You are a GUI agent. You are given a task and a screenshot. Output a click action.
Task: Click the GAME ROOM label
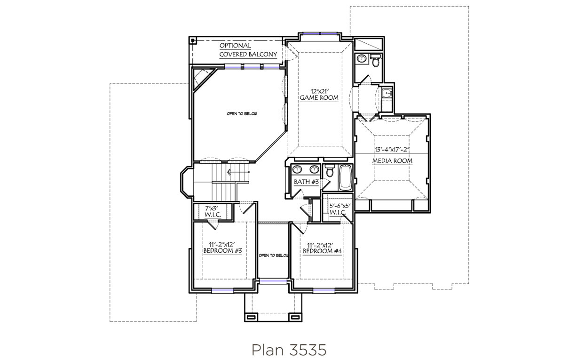point(319,98)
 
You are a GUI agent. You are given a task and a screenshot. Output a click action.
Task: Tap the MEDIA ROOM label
point(392,161)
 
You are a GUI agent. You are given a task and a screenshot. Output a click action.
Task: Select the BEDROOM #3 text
point(222,251)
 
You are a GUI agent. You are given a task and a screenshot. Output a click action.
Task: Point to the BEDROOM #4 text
point(322,251)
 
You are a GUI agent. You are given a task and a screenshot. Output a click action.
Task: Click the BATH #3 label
point(306,182)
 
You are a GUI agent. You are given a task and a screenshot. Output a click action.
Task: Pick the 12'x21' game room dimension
point(319,91)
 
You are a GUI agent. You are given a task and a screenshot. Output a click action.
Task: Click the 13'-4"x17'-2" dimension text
point(392,150)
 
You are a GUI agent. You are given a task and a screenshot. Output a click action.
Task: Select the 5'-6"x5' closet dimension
point(340,206)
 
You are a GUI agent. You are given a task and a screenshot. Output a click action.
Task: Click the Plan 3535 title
point(289,350)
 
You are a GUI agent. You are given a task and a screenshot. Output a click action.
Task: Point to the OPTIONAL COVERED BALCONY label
point(248,50)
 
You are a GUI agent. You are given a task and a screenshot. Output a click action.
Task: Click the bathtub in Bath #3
point(345,178)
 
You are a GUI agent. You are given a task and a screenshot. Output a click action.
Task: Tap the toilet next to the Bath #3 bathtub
point(330,171)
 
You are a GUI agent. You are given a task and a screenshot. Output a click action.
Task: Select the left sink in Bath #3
point(298,169)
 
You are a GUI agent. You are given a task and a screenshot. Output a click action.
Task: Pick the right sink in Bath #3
point(314,169)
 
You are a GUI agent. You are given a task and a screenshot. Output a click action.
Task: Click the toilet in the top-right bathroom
point(375,60)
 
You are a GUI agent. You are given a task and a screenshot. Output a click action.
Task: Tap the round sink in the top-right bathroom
point(362,59)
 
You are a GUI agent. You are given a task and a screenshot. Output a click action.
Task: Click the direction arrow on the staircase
point(238,172)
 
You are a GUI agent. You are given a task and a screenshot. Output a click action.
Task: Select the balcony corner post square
point(193,40)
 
